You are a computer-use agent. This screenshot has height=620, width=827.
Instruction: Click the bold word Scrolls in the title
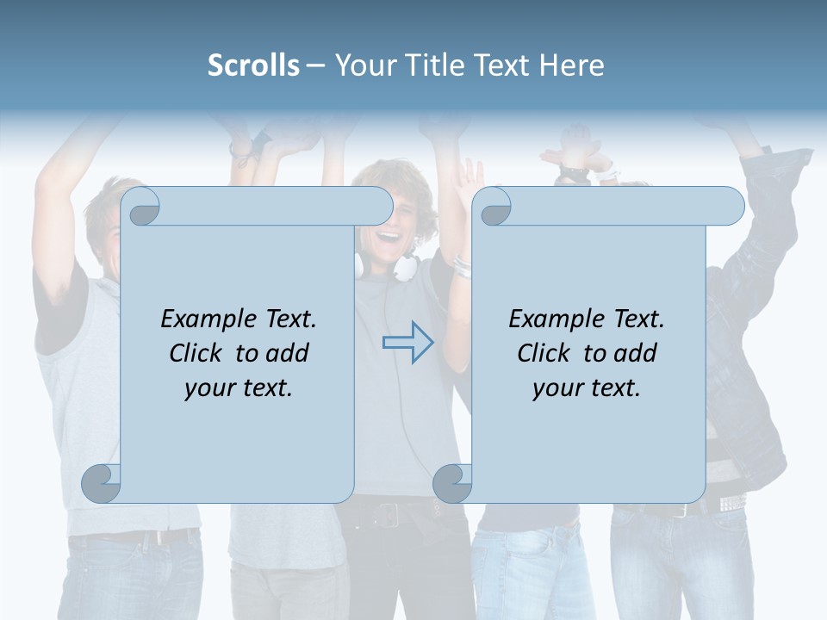(x=253, y=65)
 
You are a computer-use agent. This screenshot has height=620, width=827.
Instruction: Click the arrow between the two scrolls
(x=408, y=343)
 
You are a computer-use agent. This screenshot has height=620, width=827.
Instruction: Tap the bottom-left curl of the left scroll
(x=101, y=483)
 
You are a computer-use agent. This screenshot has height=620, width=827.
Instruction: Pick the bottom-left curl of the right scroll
(x=452, y=483)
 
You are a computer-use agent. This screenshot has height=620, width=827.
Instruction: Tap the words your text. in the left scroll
(x=239, y=387)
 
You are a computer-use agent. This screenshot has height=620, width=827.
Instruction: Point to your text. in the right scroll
(x=587, y=387)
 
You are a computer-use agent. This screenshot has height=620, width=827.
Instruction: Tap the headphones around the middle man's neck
(x=405, y=267)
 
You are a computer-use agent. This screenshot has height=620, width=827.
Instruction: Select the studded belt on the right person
(x=732, y=501)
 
